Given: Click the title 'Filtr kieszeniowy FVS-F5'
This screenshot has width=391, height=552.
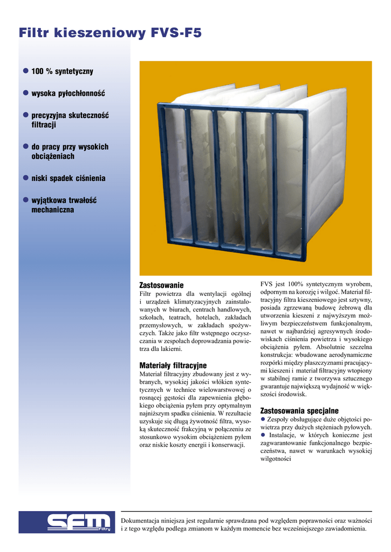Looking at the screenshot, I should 110,33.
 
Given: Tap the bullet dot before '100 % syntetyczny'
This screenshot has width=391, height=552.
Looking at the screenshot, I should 25,71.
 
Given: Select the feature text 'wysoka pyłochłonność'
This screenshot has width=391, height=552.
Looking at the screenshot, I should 68,93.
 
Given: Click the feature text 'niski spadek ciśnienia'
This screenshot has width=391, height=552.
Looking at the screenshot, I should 68,178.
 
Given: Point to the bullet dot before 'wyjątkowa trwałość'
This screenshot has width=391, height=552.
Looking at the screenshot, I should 25,200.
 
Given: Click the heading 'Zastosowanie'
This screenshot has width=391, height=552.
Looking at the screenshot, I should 161,285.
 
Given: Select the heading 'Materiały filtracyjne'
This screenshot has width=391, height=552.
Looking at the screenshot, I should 173,365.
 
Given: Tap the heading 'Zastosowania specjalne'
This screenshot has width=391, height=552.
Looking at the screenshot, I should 299,410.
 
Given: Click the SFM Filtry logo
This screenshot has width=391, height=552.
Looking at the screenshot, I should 67,522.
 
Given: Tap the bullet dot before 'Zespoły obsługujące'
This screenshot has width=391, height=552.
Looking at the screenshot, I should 263,419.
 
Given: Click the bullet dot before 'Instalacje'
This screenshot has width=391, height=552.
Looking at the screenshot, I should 263,435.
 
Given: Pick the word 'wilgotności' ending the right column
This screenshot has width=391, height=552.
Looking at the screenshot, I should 276,459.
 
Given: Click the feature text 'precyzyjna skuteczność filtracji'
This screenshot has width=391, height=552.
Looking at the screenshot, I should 70,120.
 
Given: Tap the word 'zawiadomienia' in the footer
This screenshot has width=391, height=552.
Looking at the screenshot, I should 346,529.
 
